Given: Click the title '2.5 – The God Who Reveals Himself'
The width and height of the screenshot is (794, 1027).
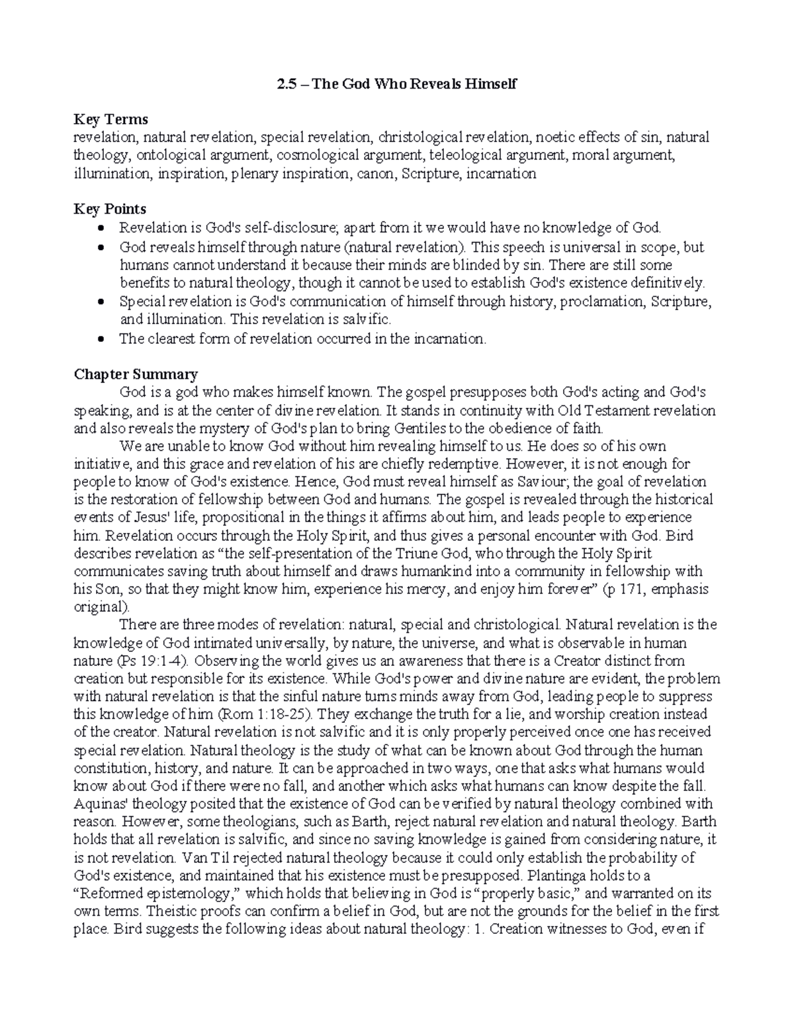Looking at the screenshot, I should point(396,84).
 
